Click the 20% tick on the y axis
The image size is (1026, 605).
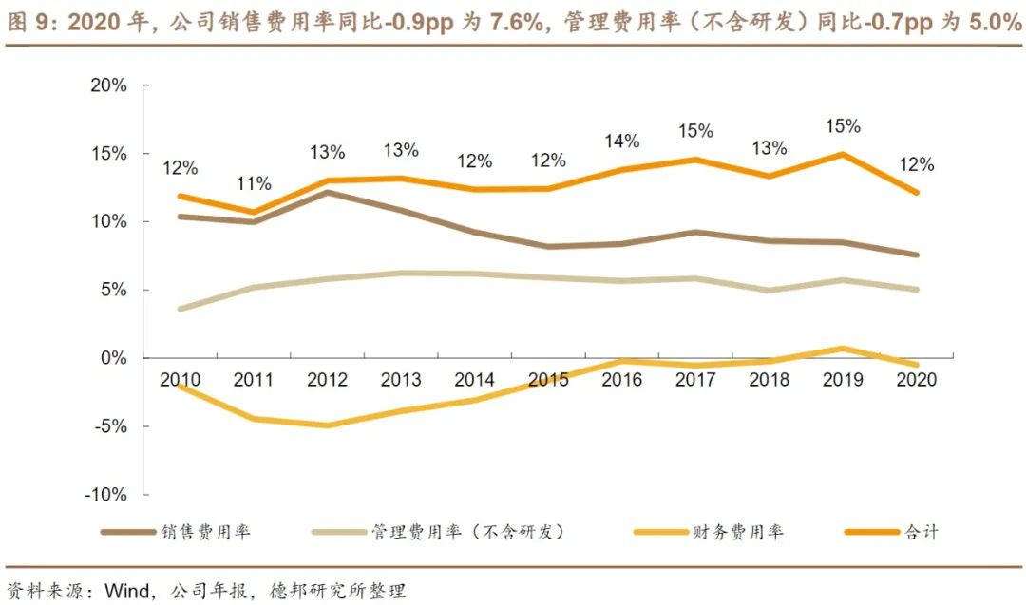coord(108,85)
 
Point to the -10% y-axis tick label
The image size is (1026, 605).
coord(105,495)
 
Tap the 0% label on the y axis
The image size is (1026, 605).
coord(113,358)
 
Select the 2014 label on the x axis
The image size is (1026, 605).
coord(474,380)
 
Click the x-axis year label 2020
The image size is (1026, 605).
coord(916,380)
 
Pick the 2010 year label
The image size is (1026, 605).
coord(180,380)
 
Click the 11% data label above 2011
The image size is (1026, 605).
coord(255,183)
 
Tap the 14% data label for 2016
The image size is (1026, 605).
coord(622,141)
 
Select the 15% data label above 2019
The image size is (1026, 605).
coord(843,125)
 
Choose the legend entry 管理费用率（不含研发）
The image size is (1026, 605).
coord(469,532)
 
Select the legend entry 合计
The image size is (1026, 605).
coord(921,532)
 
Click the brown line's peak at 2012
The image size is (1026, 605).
coord(327,192)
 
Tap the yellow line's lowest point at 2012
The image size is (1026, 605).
coord(327,425)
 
